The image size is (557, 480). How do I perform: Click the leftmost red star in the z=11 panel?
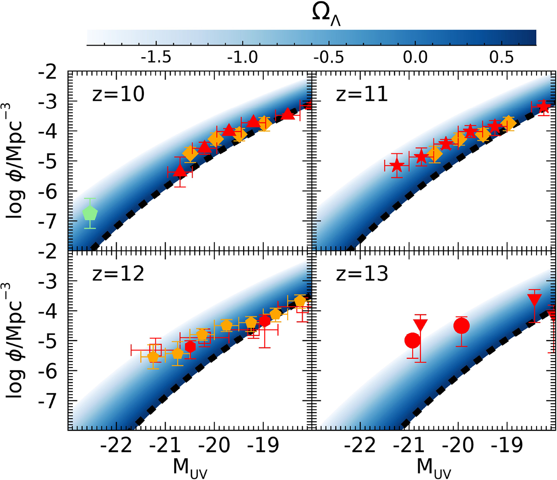tap(396, 165)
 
